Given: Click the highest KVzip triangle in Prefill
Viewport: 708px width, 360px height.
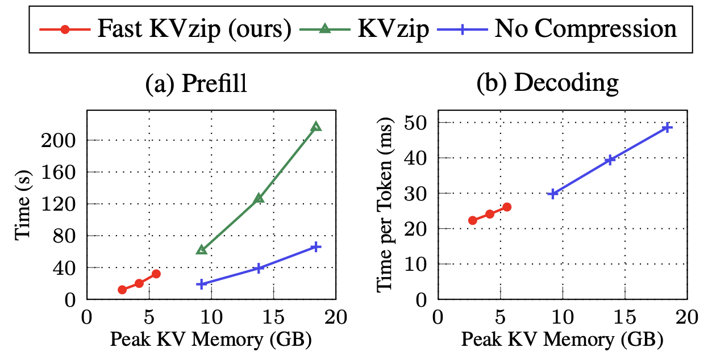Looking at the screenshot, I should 316,126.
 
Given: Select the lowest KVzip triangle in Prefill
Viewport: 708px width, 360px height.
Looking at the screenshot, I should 201,249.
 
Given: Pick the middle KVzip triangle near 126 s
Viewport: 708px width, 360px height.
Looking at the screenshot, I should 259,198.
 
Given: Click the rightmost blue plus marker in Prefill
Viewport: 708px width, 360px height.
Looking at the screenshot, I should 316,246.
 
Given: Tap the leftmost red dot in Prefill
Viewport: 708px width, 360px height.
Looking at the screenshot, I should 122,290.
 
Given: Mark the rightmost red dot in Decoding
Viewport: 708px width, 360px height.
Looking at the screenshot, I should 507,207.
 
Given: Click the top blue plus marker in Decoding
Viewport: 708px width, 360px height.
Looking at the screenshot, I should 668,127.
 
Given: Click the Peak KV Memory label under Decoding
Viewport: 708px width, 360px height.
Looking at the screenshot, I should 561,341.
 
